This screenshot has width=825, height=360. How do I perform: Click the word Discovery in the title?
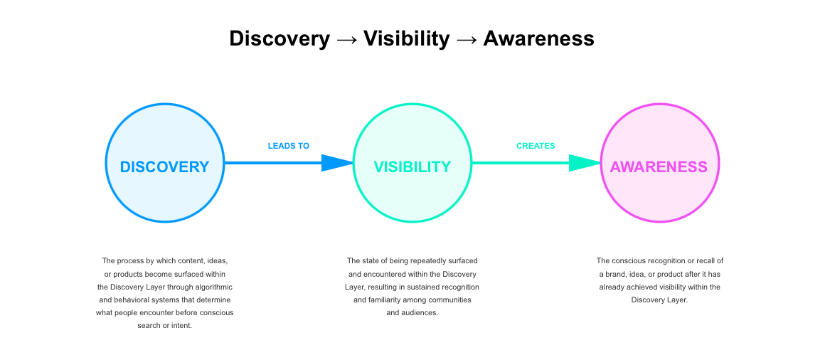point(280,38)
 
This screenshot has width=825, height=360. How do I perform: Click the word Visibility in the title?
point(407,38)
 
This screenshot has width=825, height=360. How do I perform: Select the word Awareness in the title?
point(538,38)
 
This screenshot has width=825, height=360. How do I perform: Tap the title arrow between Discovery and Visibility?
point(346,39)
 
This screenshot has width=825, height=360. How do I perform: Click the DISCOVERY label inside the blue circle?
point(164,166)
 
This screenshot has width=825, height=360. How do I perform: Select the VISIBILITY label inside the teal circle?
point(412,166)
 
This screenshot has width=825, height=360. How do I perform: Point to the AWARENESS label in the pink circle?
point(659,166)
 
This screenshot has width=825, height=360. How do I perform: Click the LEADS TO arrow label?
point(289,146)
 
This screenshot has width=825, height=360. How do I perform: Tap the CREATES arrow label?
point(536,146)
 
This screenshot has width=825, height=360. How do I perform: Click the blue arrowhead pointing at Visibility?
point(337,163)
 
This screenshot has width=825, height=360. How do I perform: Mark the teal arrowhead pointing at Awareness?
point(585,163)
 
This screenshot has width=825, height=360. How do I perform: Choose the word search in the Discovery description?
point(149,325)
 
